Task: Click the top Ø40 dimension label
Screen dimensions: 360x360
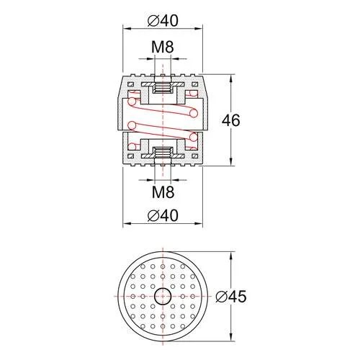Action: coord(163,21)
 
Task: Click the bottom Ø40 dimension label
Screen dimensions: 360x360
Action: coord(163,215)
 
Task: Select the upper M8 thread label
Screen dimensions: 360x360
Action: coord(163,47)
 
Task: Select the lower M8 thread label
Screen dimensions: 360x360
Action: coord(163,192)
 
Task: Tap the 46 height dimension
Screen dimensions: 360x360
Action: coord(230,120)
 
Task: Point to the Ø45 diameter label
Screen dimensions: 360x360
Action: coord(231,297)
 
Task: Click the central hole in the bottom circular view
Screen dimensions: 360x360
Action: coord(163,296)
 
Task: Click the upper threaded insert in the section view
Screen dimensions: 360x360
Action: coord(163,87)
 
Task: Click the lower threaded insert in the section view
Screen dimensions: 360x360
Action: coord(163,153)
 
